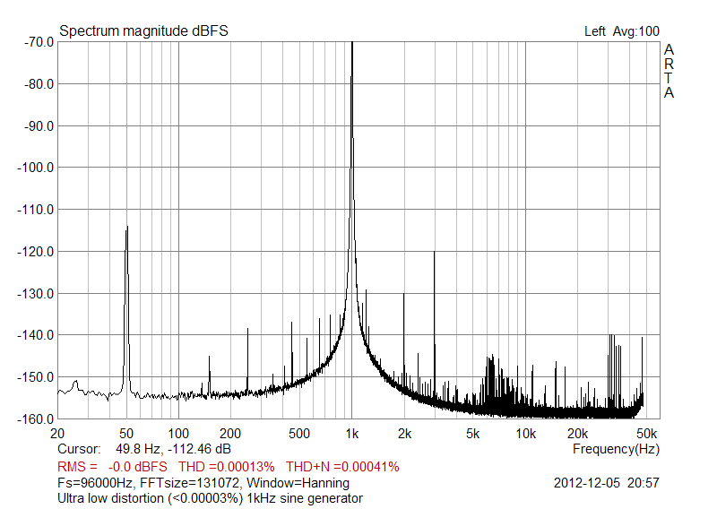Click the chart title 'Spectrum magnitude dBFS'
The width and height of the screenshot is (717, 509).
coord(143,31)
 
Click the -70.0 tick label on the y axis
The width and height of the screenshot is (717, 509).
coord(36,42)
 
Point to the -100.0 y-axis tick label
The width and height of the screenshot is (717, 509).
coord(33,168)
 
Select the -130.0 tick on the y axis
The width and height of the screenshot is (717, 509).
coord(33,293)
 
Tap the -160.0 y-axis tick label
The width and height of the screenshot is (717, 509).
coord(33,418)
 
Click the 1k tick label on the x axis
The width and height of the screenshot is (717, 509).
coord(352,434)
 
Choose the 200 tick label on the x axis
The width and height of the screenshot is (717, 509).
coord(230,434)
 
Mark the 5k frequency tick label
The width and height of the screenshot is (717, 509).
coord(473,434)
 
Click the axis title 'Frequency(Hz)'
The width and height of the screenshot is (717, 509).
coord(616,448)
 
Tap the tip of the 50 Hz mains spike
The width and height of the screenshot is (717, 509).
coord(127,228)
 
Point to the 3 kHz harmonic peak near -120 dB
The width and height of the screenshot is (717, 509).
coord(435,252)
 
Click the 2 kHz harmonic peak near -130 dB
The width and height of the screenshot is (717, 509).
coord(404,294)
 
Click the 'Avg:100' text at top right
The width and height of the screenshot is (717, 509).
coord(635,31)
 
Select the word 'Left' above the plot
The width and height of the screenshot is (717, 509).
coord(595,31)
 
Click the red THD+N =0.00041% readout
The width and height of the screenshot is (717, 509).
coord(342,467)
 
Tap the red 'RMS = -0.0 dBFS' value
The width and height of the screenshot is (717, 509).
coord(112,467)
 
